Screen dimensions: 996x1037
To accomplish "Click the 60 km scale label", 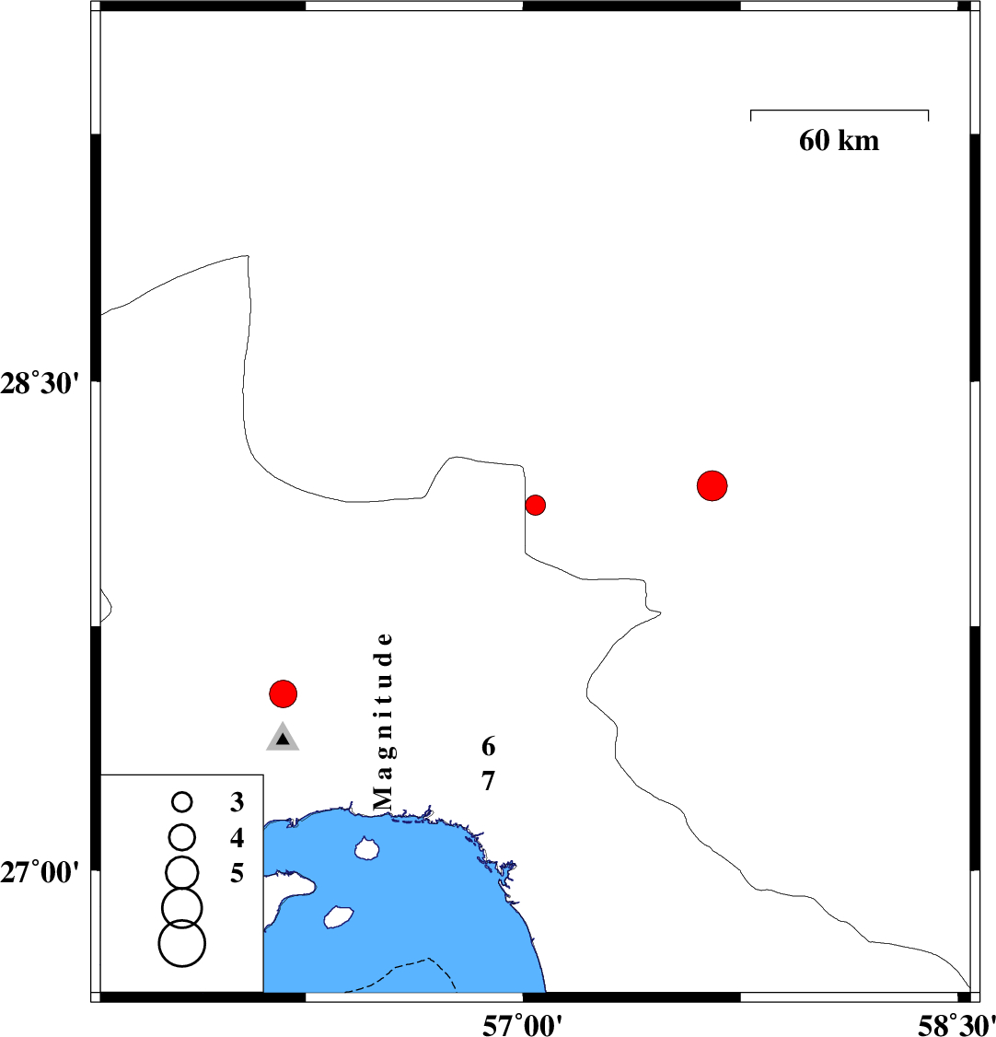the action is click(x=839, y=141).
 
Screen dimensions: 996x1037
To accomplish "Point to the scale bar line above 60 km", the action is click(x=840, y=111).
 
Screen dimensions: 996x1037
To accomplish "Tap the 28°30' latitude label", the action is click(x=40, y=384).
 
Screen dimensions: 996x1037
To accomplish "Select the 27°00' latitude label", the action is click(x=40, y=873).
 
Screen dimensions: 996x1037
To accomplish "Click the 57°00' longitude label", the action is click(x=523, y=1025).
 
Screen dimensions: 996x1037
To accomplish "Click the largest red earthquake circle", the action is click(x=712, y=486).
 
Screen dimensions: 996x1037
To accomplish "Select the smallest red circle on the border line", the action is click(x=536, y=506).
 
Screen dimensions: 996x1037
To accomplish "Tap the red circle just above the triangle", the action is click(x=283, y=693).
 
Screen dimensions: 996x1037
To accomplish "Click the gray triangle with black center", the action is click(x=283, y=739).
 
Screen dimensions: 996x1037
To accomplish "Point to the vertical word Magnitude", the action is click(x=383, y=721).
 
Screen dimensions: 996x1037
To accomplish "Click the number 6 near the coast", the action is click(x=488, y=747).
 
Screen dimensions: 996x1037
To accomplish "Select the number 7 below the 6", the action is click(x=488, y=781).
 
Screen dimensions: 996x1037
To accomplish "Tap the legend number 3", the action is click(x=237, y=802).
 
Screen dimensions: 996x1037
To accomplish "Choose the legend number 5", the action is click(x=237, y=874).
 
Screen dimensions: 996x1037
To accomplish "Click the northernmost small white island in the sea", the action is click(x=365, y=848).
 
